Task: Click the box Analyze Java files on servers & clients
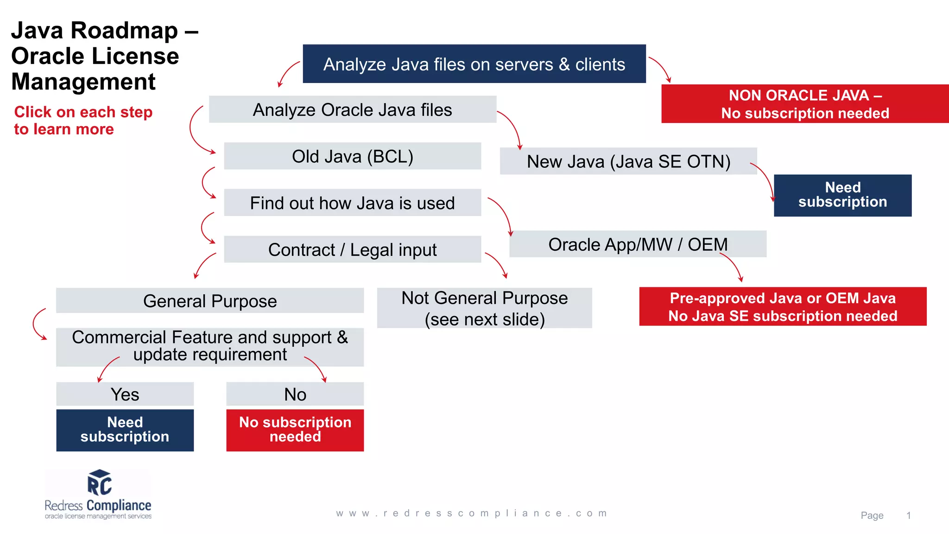tap(474, 64)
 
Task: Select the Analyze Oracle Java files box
tap(352, 110)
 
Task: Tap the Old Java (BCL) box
tap(352, 156)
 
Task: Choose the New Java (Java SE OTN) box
tap(628, 161)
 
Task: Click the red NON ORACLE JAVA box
tap(805, 104)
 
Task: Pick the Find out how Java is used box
tap(352, 203)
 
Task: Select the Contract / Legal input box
tap(352, 249)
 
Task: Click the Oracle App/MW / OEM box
tap(638, 244)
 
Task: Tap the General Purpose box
tap(210, 301)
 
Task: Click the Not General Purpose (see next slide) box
tap(484, 308)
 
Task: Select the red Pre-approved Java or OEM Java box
tap(783, 307)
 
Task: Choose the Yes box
tap(125, 394)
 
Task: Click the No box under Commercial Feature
tap(295, 394)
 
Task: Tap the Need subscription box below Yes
tap(125, 430)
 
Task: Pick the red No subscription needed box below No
tap(295, 430)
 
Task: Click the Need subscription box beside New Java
tap(842, 195)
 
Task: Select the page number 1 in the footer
tap(908, 515)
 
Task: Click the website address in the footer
tap(472, 513)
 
